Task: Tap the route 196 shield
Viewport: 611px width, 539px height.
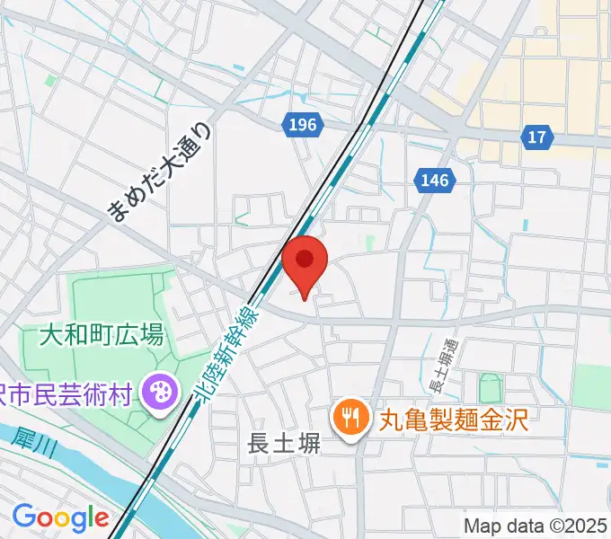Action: click(303, 125)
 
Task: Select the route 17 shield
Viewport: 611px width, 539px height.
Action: click(536, 137)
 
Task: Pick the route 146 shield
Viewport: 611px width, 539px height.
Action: click(433, 181)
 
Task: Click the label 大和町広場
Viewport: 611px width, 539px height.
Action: click(102, 336)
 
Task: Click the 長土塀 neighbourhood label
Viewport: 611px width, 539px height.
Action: click(284, 444)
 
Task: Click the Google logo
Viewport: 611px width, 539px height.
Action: click(60, 517)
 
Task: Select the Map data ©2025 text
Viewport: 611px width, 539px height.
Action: click(536, 524)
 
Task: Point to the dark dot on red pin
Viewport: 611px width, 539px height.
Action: click(305, 260)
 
